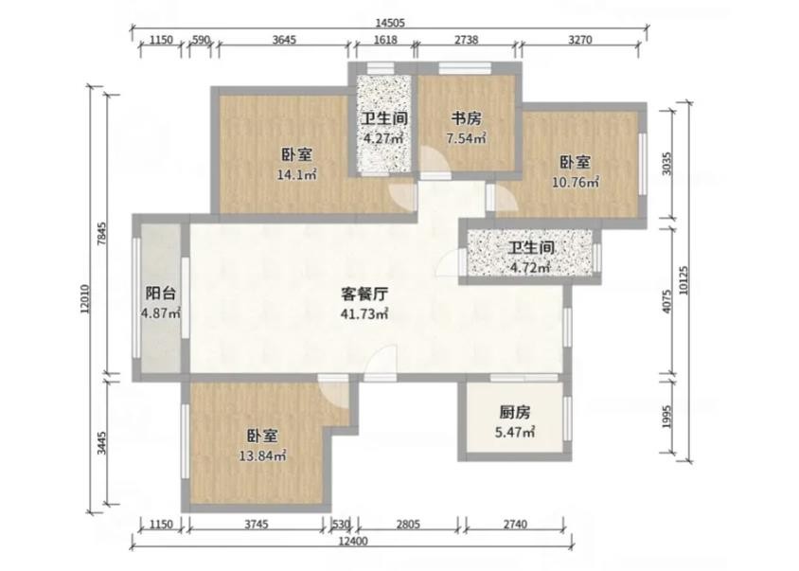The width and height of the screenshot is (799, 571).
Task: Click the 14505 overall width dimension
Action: (x=390, y=23)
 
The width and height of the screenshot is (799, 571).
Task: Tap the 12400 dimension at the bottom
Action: (x=352, y=541)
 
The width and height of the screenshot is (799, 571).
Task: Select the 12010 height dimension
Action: (x=85, y=298)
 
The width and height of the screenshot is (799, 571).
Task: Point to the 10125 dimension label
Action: (x=684, y=280)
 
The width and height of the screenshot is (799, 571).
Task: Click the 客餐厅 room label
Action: (x=364, y=294)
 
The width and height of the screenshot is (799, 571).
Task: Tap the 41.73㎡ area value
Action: (x=364, y=313)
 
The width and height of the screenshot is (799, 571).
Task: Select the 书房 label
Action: (x=467, y=118)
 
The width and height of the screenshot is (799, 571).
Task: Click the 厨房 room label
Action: (x=515, y=412)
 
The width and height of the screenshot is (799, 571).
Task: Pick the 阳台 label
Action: (x=161, y=294)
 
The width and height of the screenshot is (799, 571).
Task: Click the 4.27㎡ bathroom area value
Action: (x=383, y=138)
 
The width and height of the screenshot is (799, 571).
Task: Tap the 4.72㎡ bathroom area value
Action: (x=530, y=267)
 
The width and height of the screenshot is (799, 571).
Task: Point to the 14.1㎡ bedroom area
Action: (x=297, y=175)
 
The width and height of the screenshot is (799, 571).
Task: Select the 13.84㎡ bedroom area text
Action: (x=262, y=455)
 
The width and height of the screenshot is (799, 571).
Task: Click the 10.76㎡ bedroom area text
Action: (x=576, y=182)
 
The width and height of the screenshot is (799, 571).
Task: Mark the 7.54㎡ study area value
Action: (x=466, y=138)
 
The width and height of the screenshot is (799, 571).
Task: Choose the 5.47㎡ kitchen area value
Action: (x=515, y=433)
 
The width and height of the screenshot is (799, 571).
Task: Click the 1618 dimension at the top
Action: (x=385, y=40)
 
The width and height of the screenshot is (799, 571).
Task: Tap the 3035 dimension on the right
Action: (x=667, y=164)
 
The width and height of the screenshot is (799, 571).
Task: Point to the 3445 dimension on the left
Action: (x=102, y=442)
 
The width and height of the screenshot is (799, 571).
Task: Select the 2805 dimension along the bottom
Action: (x=408, y=524)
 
